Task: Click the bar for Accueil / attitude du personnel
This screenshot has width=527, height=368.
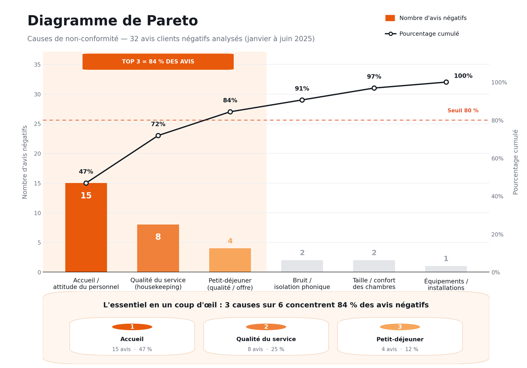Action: pos(86,227)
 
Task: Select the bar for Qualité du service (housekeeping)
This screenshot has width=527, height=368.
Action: pos(158,248)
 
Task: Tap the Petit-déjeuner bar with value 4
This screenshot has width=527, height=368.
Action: pos(230,260)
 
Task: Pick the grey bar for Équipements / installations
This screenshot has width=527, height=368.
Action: pos(446,269)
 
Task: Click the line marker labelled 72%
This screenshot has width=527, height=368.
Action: pos(158,136)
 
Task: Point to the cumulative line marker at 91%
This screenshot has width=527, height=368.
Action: pos(302,100)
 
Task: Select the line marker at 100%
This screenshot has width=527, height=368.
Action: pos(446,82)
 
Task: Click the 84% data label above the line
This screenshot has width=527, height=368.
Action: pos(230,100)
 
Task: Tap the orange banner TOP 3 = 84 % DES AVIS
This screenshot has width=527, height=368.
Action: pos(158,62)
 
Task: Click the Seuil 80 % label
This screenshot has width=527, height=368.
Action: pos(463,111)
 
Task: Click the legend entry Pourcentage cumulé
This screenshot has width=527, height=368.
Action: pos(422,34)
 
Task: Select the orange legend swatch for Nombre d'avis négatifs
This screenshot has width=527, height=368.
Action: pos(390,18)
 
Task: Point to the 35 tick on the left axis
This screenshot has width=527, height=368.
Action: pos(37,65)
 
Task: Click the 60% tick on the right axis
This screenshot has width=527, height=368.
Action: pos(497,159)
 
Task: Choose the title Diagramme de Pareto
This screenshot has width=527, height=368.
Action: pos(113,21)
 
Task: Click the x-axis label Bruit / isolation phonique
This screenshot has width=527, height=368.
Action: pos(302,284)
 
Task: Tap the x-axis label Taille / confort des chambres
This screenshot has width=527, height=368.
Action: pos(374,284)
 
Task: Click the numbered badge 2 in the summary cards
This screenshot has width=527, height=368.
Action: pos(266,327)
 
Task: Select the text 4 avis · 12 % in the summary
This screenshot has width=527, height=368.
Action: pos(400,349)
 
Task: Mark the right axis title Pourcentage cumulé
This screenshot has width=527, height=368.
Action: pos(515,162)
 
